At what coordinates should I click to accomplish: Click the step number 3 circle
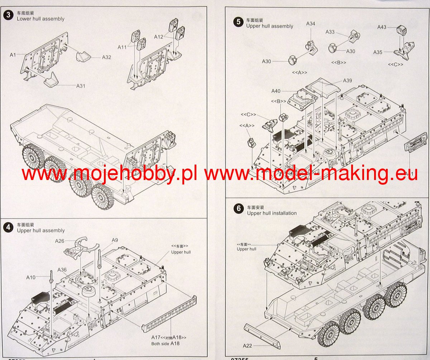(8, 15)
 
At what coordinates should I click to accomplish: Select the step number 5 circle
(238, 22)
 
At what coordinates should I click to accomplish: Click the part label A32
(106, 57)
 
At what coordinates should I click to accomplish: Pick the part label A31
(81, 86)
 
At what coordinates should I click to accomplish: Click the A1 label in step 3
(13, 55)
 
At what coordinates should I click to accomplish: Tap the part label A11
(123, 47)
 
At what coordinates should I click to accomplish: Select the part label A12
(159, 37)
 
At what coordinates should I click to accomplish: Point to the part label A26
(60, 241)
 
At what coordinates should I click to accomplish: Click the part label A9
(115, 240)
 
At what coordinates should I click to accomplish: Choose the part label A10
(31, 277)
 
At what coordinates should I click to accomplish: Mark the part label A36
(62, 270)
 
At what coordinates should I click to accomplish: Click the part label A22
(247, 346)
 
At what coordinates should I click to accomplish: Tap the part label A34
(311, 24)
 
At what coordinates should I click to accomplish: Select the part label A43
(382, 27)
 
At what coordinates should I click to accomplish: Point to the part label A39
(348, 80)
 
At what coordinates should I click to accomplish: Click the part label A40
(276, 91)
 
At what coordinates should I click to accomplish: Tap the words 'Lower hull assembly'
(40, 19)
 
